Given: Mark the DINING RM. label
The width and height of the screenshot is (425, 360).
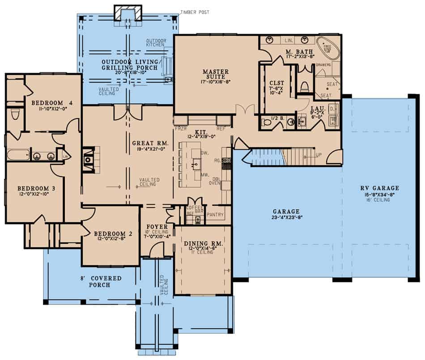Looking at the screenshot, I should (x=203, y=243).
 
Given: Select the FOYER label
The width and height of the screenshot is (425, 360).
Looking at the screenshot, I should (x=157, y=227).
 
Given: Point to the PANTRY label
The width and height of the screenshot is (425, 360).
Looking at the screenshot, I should (x=215, y=215).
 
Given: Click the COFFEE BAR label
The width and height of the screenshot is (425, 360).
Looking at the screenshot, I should (x=195, y=208).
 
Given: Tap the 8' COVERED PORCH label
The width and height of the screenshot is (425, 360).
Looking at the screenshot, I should (x=106, y=281).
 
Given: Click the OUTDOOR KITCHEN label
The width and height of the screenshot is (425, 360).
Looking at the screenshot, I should (x=156, y=43).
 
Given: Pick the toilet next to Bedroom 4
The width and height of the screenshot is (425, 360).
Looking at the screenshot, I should (x=15, y=116).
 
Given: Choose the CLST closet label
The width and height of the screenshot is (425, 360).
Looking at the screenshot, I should (x=274, y=83).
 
